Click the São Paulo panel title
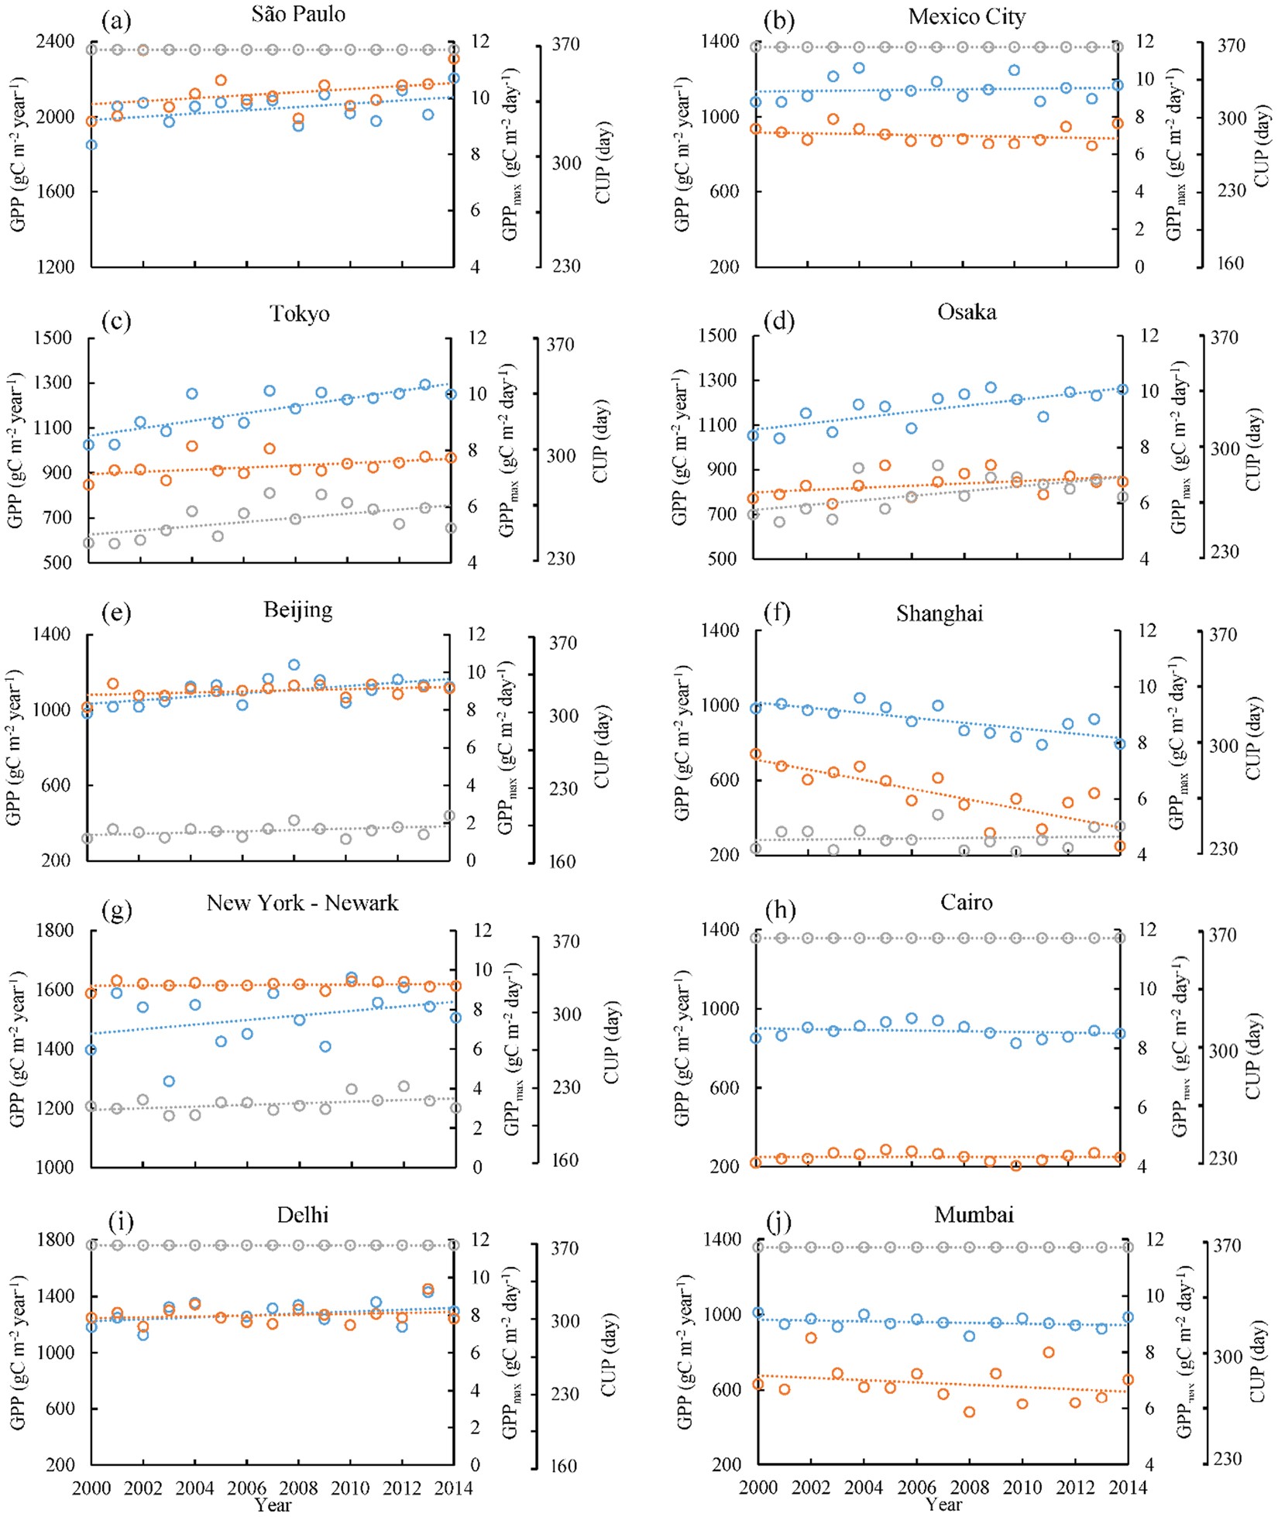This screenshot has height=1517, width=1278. point(298,14)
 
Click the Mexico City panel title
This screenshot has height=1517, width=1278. point(967,16)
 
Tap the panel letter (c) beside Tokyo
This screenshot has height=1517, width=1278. point(116,321)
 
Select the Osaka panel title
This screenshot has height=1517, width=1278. point(967,312)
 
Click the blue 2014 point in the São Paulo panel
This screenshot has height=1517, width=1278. point(454,78)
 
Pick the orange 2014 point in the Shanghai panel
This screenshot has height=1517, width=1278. point(1119,846)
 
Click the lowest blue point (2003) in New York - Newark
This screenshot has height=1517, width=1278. point(169,1081)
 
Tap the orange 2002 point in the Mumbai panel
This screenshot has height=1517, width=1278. point(811,1337)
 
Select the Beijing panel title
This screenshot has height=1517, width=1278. point(298,609)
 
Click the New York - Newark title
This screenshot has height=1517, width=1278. point(302,903)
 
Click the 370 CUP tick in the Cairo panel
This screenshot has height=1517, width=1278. point(1233,935)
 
